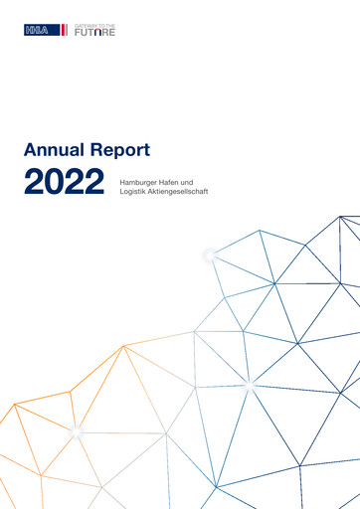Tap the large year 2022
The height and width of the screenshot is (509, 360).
coord(65,183)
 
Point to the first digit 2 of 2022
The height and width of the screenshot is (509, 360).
coord(34,183)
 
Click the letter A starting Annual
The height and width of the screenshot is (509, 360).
coord(29,151)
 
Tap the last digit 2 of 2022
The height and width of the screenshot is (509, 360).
coord(95,183)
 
